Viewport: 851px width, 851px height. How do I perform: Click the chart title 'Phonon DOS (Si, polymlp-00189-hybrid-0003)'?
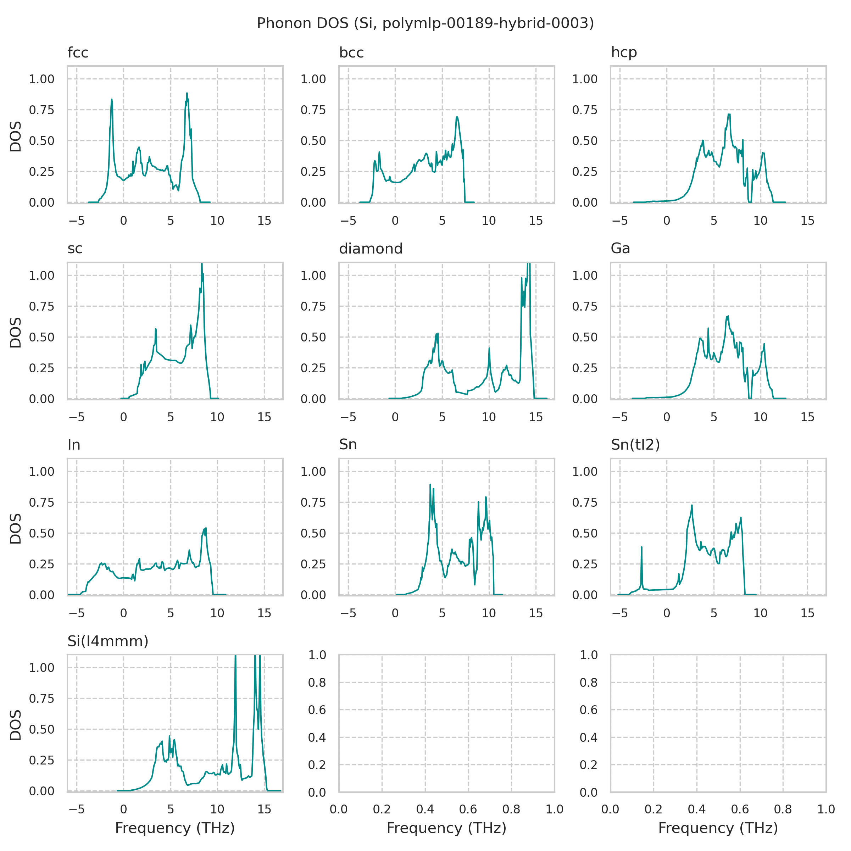pos(425,23)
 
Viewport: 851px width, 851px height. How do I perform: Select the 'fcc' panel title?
pos(78,53)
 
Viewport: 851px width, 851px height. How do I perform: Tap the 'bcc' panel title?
pos(351,53)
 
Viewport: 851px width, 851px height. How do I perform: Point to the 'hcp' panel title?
pos(624,53)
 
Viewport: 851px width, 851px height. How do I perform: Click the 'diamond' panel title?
pos(371,249)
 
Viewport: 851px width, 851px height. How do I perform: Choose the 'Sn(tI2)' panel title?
pos(635,445)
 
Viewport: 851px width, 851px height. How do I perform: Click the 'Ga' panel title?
pos(620,249)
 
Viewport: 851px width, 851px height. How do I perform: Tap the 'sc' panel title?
pos(75,249)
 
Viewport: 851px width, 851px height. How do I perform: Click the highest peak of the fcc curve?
pos(187,93)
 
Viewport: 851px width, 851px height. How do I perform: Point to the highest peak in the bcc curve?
pos(457,117)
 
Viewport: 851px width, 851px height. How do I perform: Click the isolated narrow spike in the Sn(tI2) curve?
pos(641,547)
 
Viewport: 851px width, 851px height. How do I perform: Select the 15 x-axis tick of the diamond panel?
pos(536,417)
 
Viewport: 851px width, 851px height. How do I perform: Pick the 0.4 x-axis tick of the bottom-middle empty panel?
pos(425,809)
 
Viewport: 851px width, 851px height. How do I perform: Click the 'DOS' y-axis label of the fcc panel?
pos(16,137)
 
